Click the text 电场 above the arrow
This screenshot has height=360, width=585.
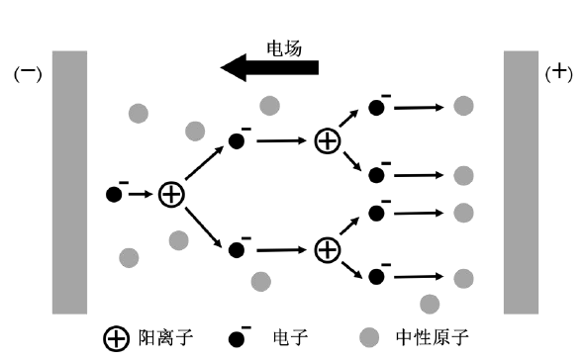point(283,45)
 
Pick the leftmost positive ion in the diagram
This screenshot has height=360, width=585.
point(172,194)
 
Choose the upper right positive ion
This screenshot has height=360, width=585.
point(327,141)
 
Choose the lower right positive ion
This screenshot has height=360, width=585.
point(327,249)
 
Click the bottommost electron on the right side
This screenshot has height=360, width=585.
point(376,276)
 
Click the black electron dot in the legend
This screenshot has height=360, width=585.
point(238,340)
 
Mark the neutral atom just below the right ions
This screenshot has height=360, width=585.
point(430,304)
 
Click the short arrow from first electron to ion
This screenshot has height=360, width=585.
point(142,194)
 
